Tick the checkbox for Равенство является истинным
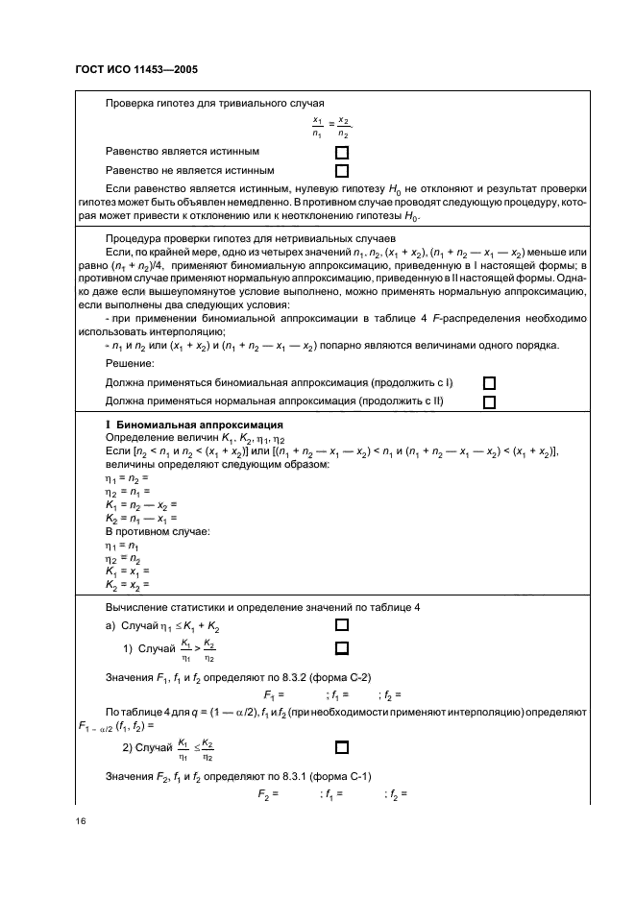341,153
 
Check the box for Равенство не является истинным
341,171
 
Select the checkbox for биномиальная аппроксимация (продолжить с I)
489,383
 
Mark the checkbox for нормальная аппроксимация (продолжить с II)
489,402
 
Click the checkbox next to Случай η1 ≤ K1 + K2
341,622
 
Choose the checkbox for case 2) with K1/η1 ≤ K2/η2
341,745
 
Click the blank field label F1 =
273,694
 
